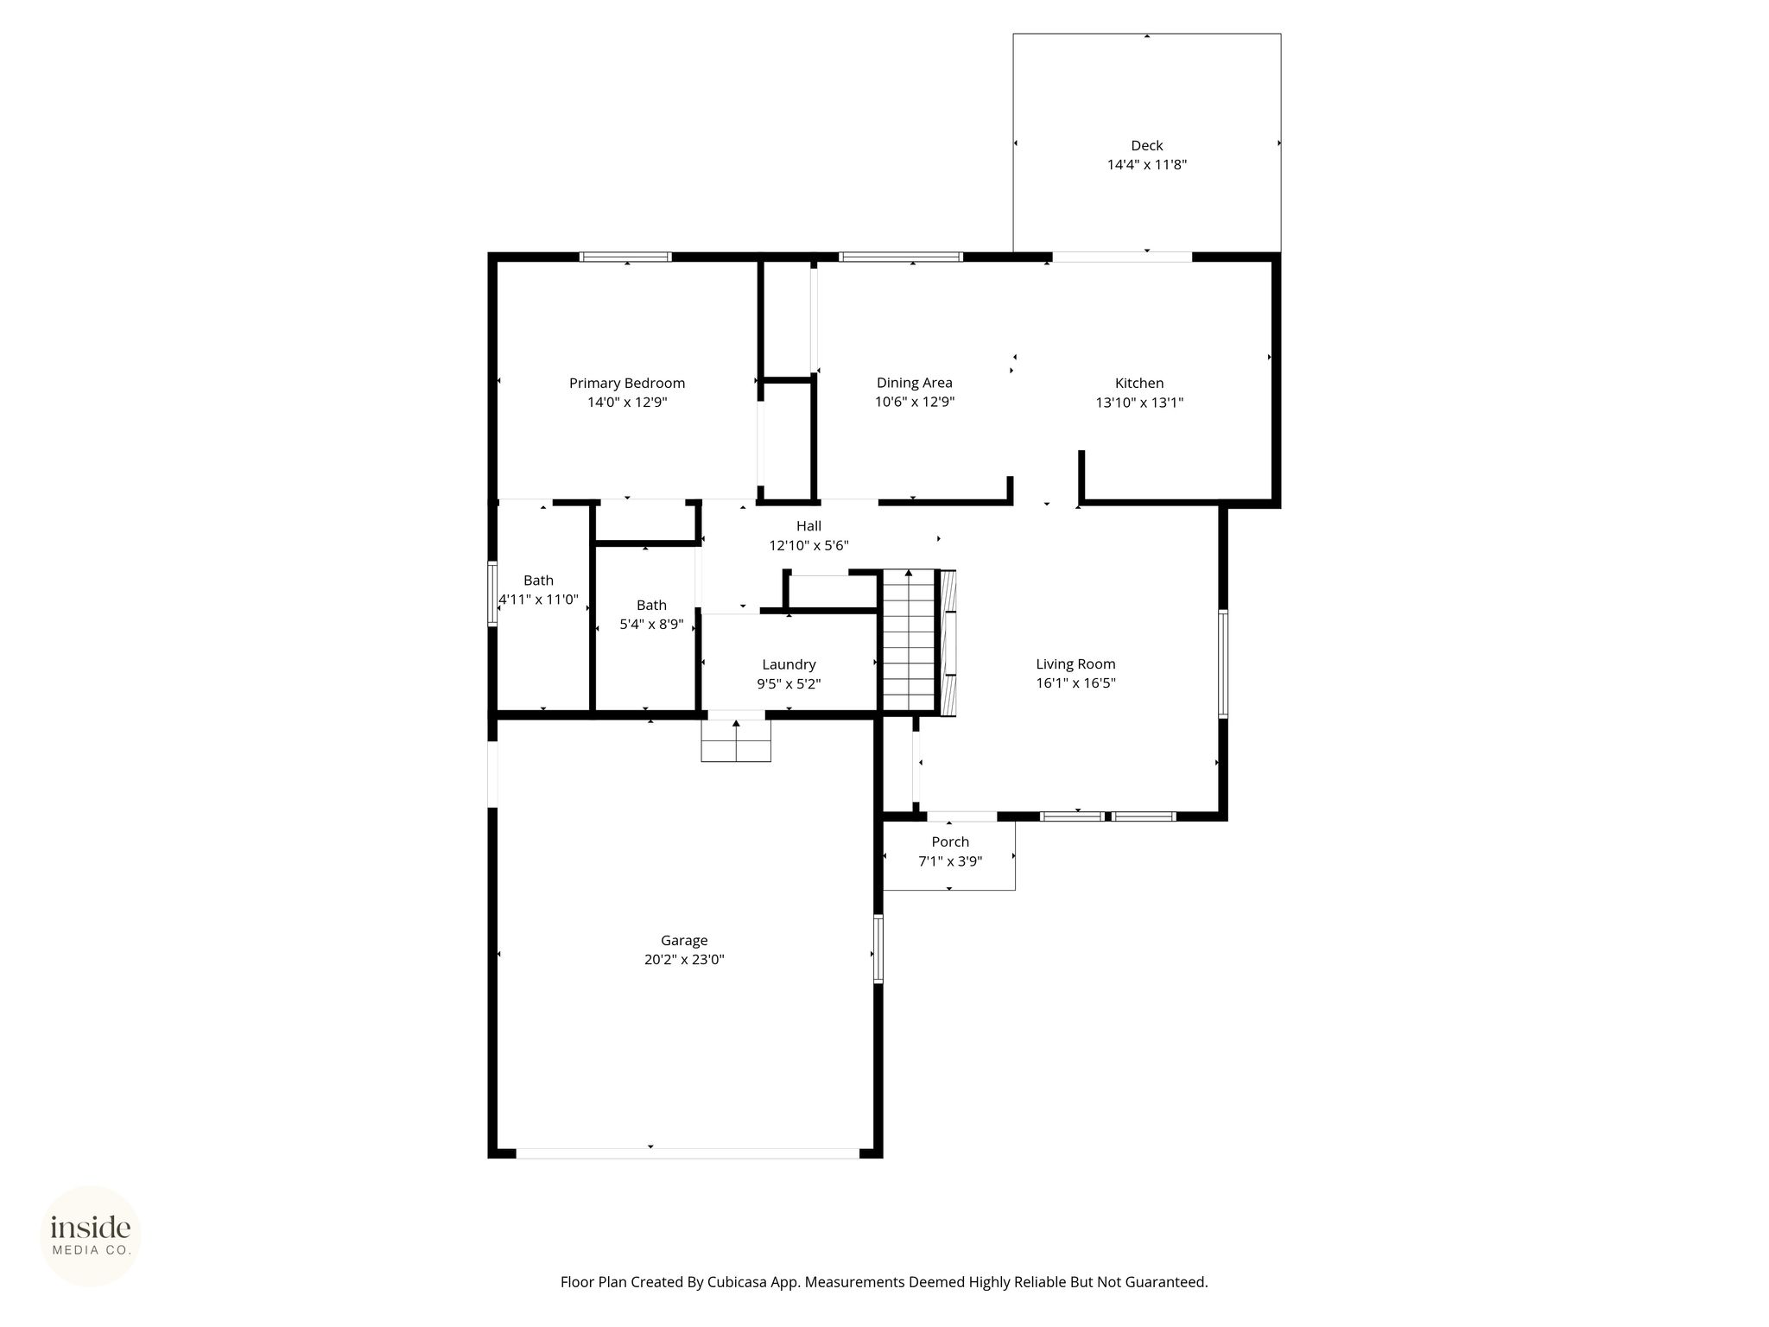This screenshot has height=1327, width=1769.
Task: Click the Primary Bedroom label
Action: click(627, 383)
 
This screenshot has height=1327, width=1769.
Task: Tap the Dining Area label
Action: click(914, 383)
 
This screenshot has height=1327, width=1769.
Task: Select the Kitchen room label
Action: click(1139, 383)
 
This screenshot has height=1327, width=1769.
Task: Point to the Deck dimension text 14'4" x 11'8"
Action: click(1147, 164)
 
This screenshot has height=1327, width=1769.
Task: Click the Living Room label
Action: click(1075, 663)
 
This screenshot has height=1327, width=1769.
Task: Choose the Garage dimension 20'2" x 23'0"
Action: click(684, 959)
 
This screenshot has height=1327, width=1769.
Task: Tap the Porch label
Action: click(950, 841)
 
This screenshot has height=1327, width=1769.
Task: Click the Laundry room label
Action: click(789, 664)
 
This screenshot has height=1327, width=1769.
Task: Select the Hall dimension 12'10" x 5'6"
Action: click(809, 545)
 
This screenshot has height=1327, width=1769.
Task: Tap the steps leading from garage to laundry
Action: click(736, 740)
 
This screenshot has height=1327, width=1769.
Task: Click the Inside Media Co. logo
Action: click(91, 1235)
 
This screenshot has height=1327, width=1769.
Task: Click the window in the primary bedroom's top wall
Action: click(625, 257)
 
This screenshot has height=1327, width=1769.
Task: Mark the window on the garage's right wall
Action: click(878, 949)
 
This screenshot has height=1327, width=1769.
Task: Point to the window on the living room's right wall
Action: click(1223, 663)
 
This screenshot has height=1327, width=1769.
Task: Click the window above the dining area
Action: click(901, 257)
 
